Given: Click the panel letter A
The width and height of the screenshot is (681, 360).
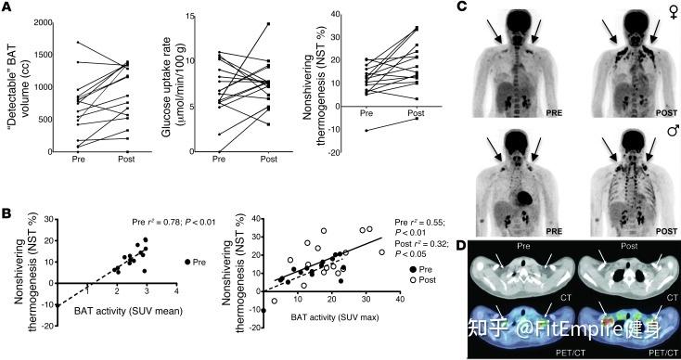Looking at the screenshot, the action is [6, 7].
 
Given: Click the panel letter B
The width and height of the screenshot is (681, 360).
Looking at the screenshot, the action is [6, 213].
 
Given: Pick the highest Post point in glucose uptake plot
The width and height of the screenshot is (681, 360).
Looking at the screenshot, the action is [269, 24].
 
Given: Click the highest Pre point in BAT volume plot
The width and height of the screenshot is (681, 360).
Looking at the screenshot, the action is [78, 42].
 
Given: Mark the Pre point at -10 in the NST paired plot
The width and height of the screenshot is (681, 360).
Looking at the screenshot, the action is [366, 130].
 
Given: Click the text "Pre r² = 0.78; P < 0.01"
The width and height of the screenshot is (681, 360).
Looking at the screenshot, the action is [173, 223].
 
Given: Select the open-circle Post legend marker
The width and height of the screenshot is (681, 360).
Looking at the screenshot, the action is [410, 280].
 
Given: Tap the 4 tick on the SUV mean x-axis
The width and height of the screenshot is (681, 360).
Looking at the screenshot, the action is [176, 291].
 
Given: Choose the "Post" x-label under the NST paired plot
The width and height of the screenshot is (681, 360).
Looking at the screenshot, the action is [416, 114].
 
